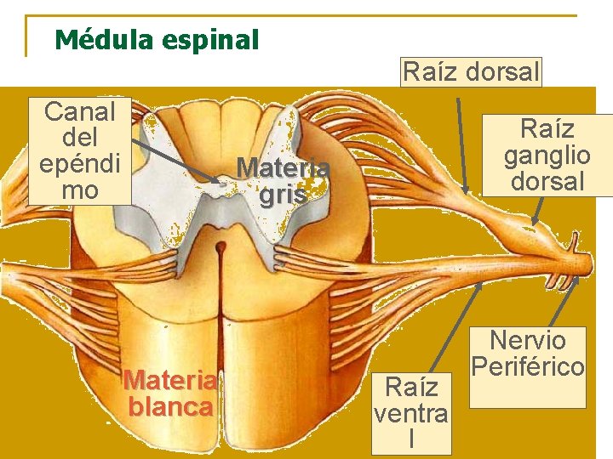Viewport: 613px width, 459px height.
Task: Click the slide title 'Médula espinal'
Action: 156,39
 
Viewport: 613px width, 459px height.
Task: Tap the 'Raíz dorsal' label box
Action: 471,72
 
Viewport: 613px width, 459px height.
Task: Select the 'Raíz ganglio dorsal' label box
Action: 547,155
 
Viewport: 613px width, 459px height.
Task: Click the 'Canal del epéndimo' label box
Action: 80,150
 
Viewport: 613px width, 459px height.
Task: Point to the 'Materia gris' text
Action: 283,181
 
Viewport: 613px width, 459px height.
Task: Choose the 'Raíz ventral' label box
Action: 412,413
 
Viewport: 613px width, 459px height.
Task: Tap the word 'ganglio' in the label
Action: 547,156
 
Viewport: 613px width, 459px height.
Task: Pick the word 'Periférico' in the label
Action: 528,366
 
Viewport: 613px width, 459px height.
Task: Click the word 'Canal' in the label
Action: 80,110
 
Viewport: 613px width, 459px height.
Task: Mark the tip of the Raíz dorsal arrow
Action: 466,189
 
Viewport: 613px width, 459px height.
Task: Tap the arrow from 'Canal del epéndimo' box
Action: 175,161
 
